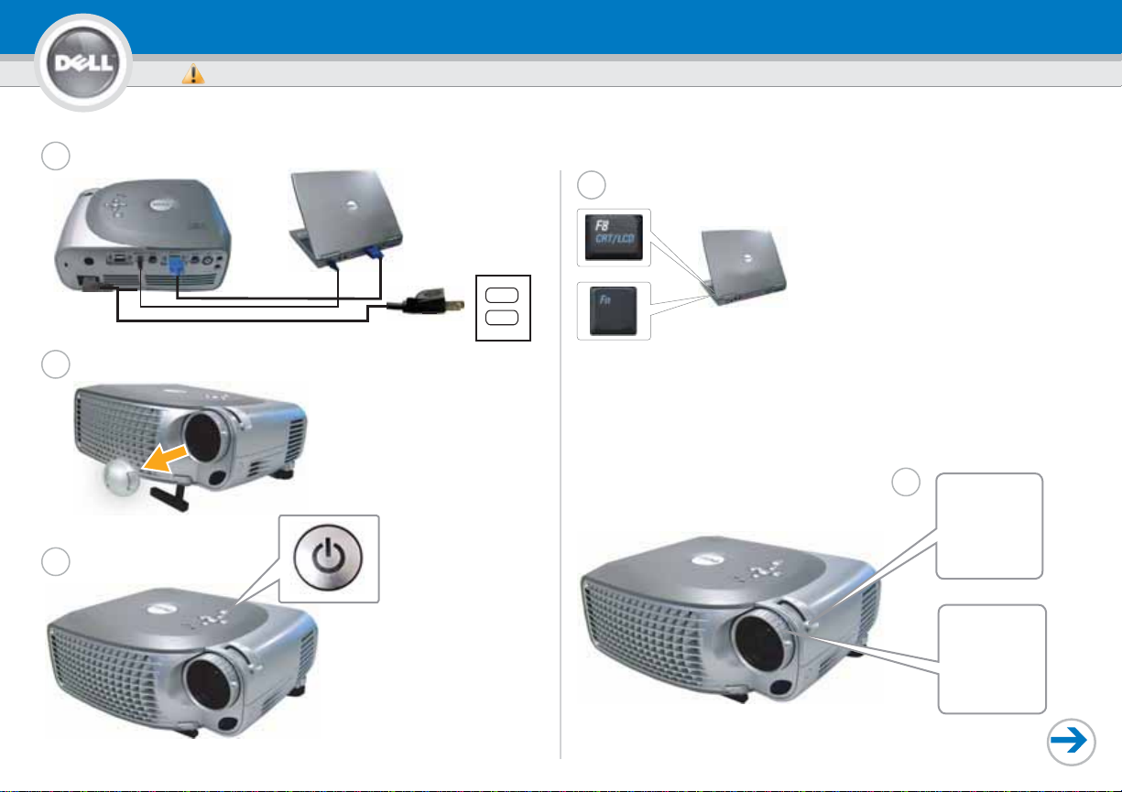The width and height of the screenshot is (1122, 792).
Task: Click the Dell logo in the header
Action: click(x=83, y=62)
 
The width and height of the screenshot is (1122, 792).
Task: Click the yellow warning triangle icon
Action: click(x=193, y=74)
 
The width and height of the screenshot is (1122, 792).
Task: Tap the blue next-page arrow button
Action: click(x=1071, y=742)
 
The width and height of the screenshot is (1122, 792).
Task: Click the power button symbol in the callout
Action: click(x=328, y=558)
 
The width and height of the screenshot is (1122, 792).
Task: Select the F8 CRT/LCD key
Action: click(x=614, y=237)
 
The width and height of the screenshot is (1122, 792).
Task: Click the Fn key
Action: click(x=613, y=310)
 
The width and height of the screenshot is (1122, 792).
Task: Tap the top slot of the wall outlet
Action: click(x=501, y=295)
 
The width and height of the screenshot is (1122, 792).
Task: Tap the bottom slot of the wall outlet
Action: click(x=501, y=318)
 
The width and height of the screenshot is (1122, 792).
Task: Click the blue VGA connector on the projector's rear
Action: click(x=176, y=265)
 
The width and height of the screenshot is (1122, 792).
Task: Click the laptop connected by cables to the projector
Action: click(x=345, y=218)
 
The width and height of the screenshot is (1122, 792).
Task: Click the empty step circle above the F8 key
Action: click(x=591, y=185)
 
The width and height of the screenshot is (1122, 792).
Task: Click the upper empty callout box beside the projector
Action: click(x=989, y=526)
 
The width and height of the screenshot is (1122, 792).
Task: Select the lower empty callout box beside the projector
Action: click(x=992, y=659)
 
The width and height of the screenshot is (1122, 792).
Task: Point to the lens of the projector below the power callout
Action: click(x=211, y=683)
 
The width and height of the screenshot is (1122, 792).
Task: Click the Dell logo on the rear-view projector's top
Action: click(x=164, y=205)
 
